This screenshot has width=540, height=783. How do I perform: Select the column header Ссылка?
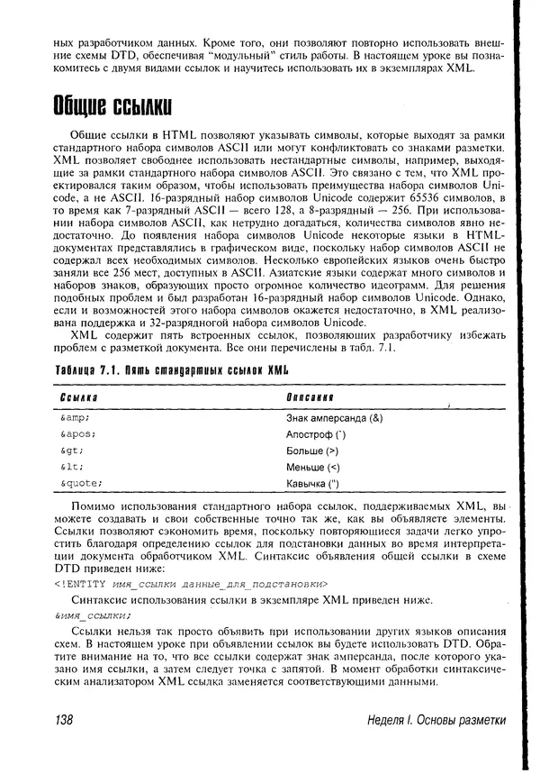(x=79, y=397)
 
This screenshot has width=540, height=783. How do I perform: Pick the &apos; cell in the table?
(x=78, y=434)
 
